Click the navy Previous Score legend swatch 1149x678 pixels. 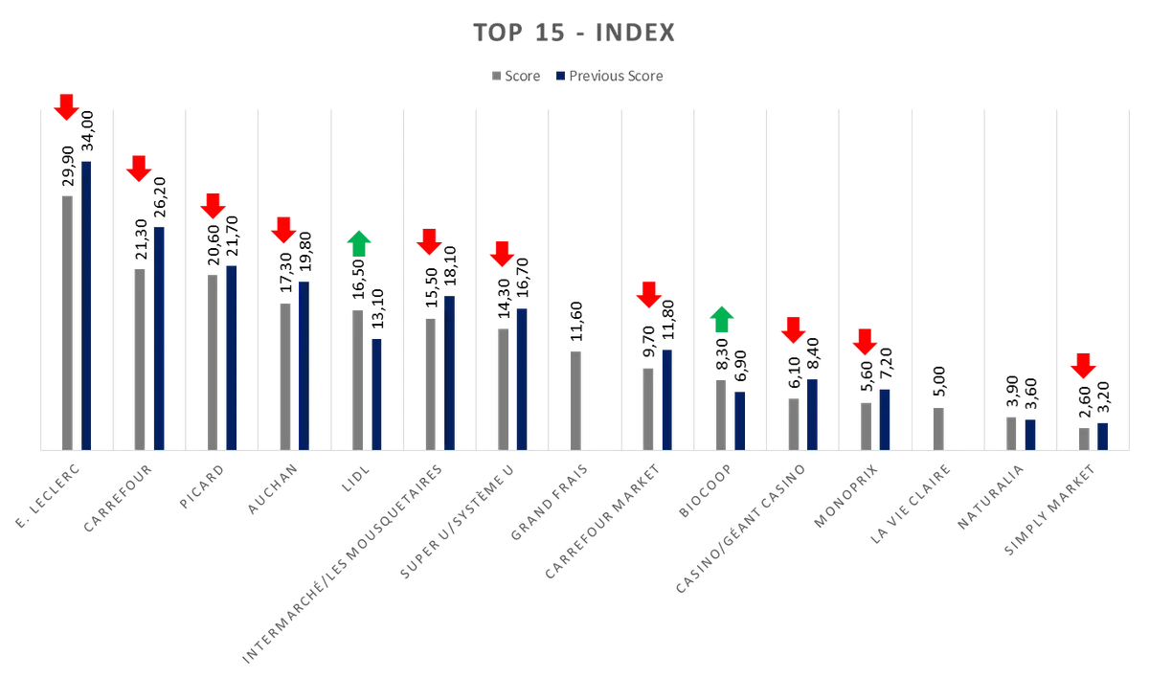pyautogui.click(x=561, y=76)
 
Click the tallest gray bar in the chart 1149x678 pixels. pyautogui.click(x=69, y=320)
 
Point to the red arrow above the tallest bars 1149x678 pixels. pyautogui.click(x=65, y=107)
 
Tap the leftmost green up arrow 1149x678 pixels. pyautogui.click(x=358, y=242)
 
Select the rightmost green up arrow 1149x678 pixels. pyautogui.click(x=723, y=317)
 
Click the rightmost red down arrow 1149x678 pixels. pyautogui.click(x=1083, y=366)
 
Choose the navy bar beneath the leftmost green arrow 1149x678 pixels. pyautogui.click(x=376, y=393)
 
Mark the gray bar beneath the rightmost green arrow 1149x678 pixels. pyautogui.click(x=719, y=412)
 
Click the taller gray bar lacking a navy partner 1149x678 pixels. pyautogui.click(x=577, y=396)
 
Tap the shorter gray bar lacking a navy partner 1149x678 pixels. pyautogui.click(x=938, y=427)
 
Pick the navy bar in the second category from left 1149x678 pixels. pyautogui.click(x=160, y=335)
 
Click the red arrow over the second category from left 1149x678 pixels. pyautogui.click(x=139, y=169)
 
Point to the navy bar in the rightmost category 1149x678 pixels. pyautogui.click(x=1102, y=435)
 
